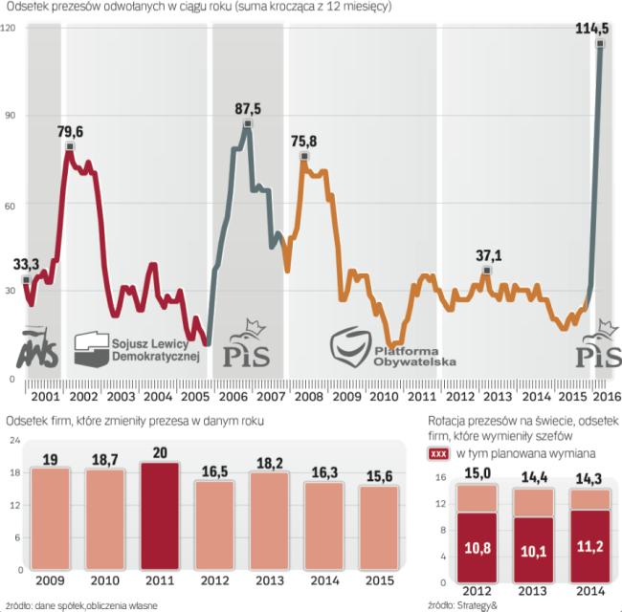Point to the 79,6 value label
click(x=70, y=132)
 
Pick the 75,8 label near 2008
click(x=303, y=142)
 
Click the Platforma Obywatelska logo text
click(x=420, y=355)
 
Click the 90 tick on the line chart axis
click(x=10, y=116)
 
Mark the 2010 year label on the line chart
click(x=384, y=396)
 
